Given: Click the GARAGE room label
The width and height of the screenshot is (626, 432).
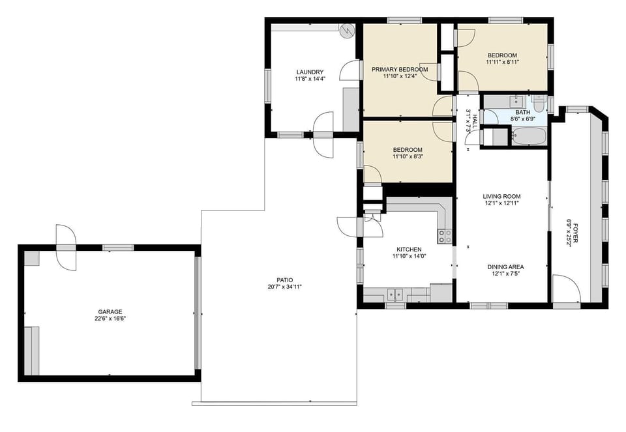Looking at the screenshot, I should click(x=110, y=311).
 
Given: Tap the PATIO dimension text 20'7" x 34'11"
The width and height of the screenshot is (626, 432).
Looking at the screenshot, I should click(x=284, y=287).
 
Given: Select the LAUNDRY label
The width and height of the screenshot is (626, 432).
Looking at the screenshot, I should click(x=310, y=72).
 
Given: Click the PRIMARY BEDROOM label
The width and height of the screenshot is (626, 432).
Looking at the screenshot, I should click(x=400, y=69).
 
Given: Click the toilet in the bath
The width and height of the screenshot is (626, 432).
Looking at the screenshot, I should click(x=539, y=103).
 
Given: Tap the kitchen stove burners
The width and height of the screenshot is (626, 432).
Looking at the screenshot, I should click(x=445, y=236).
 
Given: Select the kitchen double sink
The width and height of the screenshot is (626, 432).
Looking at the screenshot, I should click(x=394, y=294).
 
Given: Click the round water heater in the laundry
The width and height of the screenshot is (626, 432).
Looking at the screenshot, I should click(x=348, y=30).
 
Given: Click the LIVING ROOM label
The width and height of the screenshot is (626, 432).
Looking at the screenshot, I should click(x=501, y=196).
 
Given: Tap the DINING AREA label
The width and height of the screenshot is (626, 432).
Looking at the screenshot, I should click(x=505, y=266).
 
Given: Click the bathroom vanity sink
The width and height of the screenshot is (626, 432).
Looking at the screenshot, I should click(x=516, y=101).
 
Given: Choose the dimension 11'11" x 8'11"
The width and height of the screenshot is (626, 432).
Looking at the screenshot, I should click(x=502, y=63).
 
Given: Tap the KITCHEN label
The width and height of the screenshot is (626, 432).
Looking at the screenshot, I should click(x=409, y=250).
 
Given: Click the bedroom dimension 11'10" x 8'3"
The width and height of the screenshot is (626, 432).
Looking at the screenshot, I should click(x=408, y=156).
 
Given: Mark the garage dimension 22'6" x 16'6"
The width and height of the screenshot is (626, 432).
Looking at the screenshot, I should click(x=110, y=319).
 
